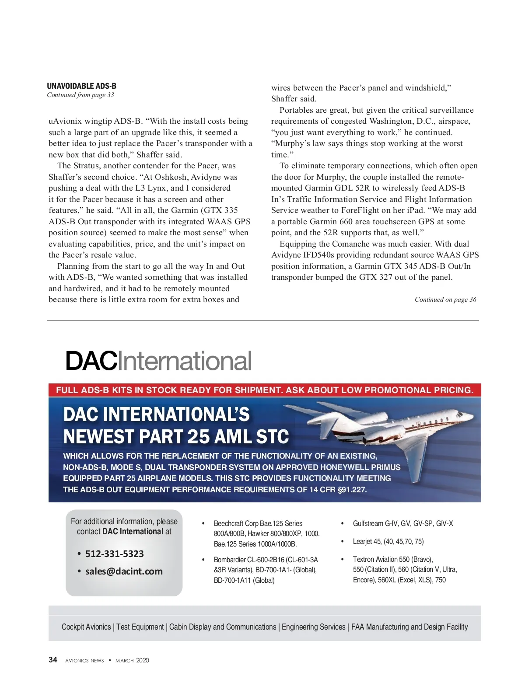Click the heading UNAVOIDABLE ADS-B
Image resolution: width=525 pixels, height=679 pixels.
[81, 86]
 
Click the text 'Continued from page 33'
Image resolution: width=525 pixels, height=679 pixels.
[80, 95]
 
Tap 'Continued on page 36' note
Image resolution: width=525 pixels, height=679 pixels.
[445, 299]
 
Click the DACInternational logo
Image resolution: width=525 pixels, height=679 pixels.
[158, 361]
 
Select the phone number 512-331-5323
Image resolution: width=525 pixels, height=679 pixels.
[114, 554]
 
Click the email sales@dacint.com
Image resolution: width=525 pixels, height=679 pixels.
[124, 571]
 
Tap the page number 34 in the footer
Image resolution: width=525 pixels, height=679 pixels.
[53, 660]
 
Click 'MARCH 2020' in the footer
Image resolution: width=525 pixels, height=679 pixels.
[132, 660]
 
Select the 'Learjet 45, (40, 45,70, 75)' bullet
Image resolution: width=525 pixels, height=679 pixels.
[388, 541]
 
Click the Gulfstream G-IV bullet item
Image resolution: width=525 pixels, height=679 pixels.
[402, 523]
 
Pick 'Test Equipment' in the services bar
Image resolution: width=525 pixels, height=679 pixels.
[140, 627]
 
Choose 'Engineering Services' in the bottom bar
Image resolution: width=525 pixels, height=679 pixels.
[313, 627]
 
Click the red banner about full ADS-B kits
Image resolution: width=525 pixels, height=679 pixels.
[265, 390]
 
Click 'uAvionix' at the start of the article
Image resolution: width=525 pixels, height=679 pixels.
[64, 121]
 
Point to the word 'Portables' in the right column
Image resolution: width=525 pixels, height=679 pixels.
[296, 110]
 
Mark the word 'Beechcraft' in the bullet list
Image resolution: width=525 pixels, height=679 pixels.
[228, 523]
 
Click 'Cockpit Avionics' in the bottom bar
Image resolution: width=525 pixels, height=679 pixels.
[86, 627]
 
